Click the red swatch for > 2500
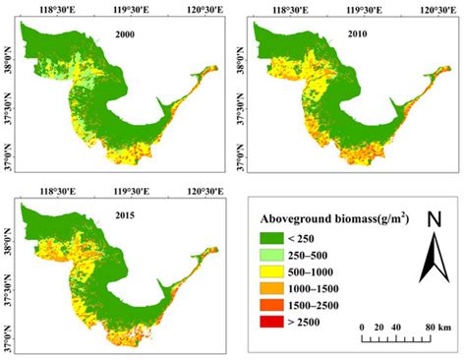(x=280, y=332)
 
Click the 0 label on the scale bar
(x=363, y=326)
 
